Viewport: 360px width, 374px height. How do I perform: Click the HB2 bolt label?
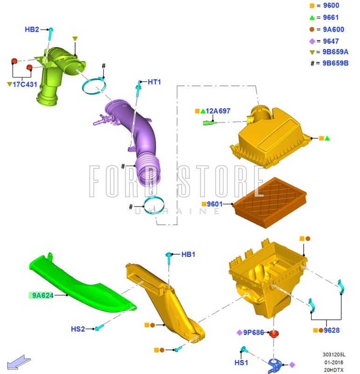(32, 29)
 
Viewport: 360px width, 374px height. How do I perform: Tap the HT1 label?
(154, 82)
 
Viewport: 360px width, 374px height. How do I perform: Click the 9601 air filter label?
(215, 204)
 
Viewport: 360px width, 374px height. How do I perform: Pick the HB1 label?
(188, 254)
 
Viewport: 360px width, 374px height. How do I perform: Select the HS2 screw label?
(78, 329)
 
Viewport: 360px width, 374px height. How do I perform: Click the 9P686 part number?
(254, 333)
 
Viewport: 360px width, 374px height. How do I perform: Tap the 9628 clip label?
(332, 330)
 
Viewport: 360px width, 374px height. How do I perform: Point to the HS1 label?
(241, 362)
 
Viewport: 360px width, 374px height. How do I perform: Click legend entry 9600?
(331, 6)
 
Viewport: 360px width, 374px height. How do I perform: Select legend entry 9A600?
(333, 29)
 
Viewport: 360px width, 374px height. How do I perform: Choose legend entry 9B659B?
(335, 63)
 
